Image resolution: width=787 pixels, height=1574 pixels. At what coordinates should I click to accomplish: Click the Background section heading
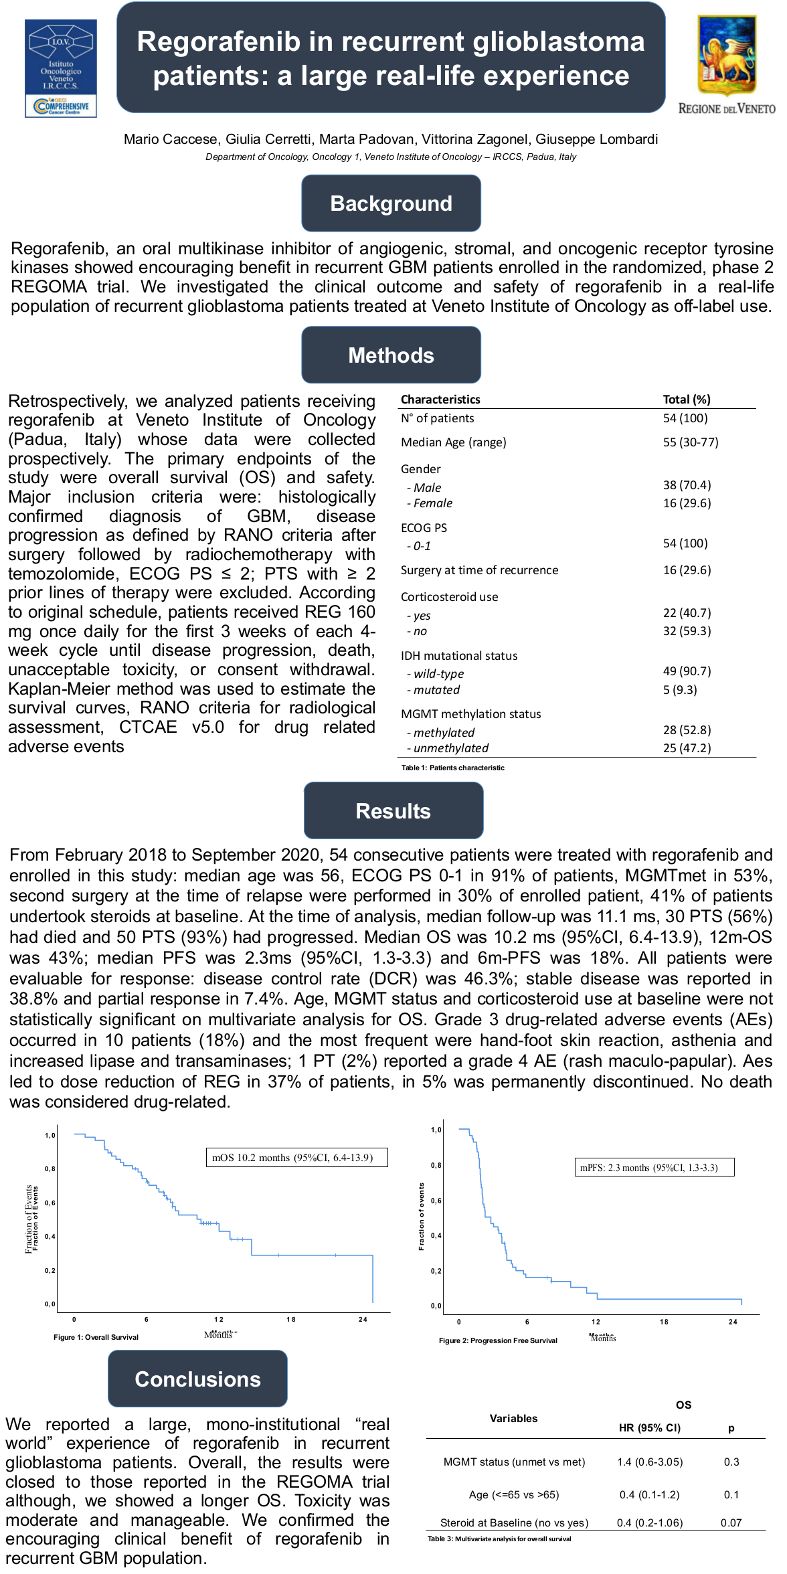(x=391, y=203)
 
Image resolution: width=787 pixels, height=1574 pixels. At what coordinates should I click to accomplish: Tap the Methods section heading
(x=391, y=355)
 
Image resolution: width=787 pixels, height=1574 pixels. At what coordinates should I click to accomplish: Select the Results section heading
(x=393, y=811)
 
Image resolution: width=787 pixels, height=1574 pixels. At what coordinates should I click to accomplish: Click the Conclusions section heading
(x=197, y=1379)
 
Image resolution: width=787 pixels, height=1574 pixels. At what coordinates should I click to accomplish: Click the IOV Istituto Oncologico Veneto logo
(x=61, y=68)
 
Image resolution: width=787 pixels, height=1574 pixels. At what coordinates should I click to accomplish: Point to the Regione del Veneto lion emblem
(x=727, y=56)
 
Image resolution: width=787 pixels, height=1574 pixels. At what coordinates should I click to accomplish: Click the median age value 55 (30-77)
(x=690, y=442)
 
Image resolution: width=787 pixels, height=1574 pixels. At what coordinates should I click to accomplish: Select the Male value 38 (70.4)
(x=687, y=485)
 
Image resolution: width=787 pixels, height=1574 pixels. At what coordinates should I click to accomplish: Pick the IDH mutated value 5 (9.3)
(x=679, y=690)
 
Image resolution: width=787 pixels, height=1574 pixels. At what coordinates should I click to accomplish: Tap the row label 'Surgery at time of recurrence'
(x=479, y=570)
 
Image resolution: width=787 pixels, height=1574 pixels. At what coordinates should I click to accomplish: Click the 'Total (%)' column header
(x=686, y=400)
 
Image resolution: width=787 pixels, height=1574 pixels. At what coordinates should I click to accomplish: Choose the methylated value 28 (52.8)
(x=687, y=730)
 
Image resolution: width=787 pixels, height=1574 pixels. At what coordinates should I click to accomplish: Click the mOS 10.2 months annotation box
(x=296, y=1158)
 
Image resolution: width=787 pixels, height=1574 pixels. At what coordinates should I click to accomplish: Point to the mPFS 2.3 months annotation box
(x=654, y=1168)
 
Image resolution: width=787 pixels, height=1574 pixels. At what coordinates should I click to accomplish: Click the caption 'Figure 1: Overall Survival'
(x=96, y=1337)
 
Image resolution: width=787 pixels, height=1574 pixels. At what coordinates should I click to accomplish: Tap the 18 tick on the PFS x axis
(x=664, y=1322)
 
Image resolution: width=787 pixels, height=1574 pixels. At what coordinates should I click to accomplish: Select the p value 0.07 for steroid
(x=731, y=1522)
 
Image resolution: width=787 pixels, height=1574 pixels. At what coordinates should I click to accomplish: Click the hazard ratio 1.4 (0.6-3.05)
(x=650, y=1462)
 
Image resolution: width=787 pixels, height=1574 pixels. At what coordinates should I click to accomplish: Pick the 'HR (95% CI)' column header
(x=649, y=1427)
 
